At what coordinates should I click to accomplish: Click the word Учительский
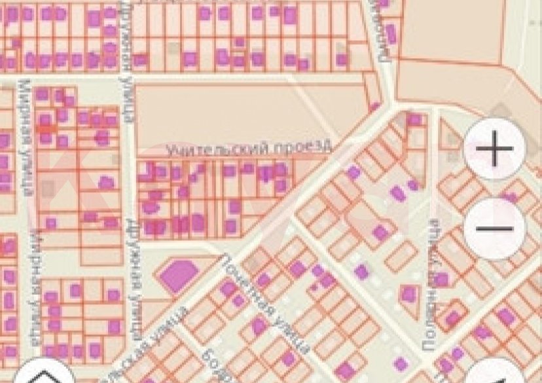pos(204,151)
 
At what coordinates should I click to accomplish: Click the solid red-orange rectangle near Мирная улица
pos(46,130)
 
